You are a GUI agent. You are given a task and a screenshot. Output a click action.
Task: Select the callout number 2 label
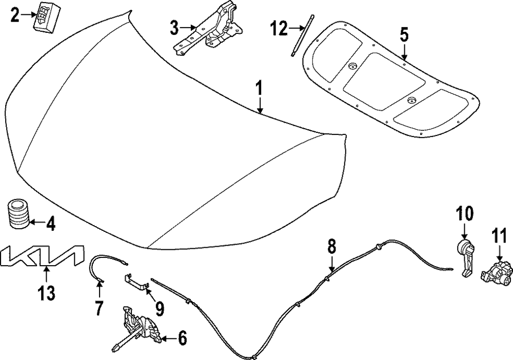coord(15,15)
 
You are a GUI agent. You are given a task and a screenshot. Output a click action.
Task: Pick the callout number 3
coord(175,27)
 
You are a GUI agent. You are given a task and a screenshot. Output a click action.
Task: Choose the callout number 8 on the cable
coord(332,247)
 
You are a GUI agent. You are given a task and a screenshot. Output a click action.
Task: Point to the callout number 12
coord(280,28)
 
